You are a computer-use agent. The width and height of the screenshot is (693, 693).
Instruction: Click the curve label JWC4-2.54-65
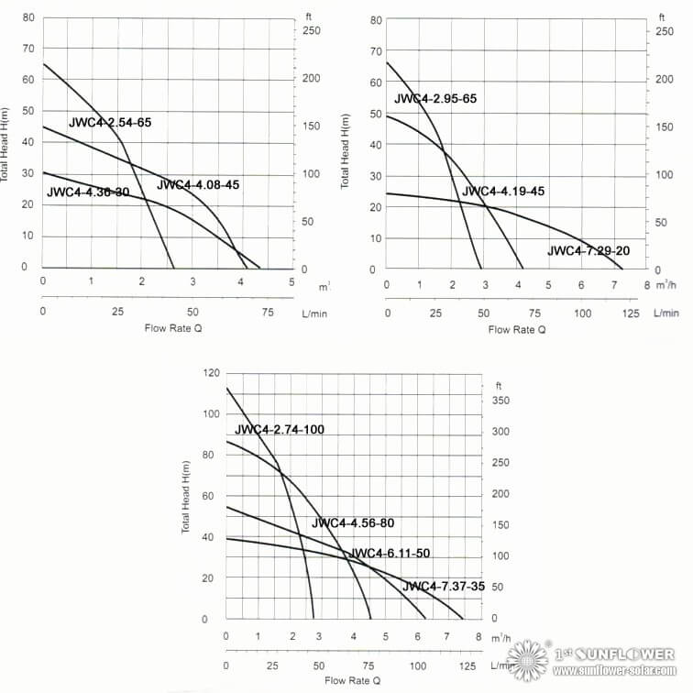click(x=110, y=123)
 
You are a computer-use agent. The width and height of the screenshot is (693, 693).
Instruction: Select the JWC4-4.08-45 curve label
click(x=198, y=185)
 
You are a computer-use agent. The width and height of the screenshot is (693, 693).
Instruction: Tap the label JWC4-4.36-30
click(x=88, y=192)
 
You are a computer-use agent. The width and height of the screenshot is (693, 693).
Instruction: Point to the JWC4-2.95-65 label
click(x=435, y=99)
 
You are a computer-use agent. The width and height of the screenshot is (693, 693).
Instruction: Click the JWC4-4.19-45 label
click(x=502, y=192)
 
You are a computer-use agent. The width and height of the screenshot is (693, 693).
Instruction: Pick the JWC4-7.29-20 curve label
click(x=589, y=251)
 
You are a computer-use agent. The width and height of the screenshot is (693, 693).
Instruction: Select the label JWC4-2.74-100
click(x=280, y=430)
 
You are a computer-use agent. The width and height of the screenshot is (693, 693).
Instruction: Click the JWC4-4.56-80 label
click(x=353, y=523)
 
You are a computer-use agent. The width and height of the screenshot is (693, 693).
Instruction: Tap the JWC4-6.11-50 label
click(x=390, y=554)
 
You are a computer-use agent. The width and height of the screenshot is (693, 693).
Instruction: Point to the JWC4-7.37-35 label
click(x=445, y=587)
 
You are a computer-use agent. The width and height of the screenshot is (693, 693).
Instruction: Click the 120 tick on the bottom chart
click(x=212, y=373)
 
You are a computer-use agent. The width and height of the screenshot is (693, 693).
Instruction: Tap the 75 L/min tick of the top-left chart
click(x=268, y=312)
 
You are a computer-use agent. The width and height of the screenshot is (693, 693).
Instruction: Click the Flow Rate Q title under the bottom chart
click(x=352, y=681)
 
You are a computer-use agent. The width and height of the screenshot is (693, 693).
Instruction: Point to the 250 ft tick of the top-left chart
click(x=313, y=31)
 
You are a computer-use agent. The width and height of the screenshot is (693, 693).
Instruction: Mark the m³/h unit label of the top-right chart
click(x=665, y=285)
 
